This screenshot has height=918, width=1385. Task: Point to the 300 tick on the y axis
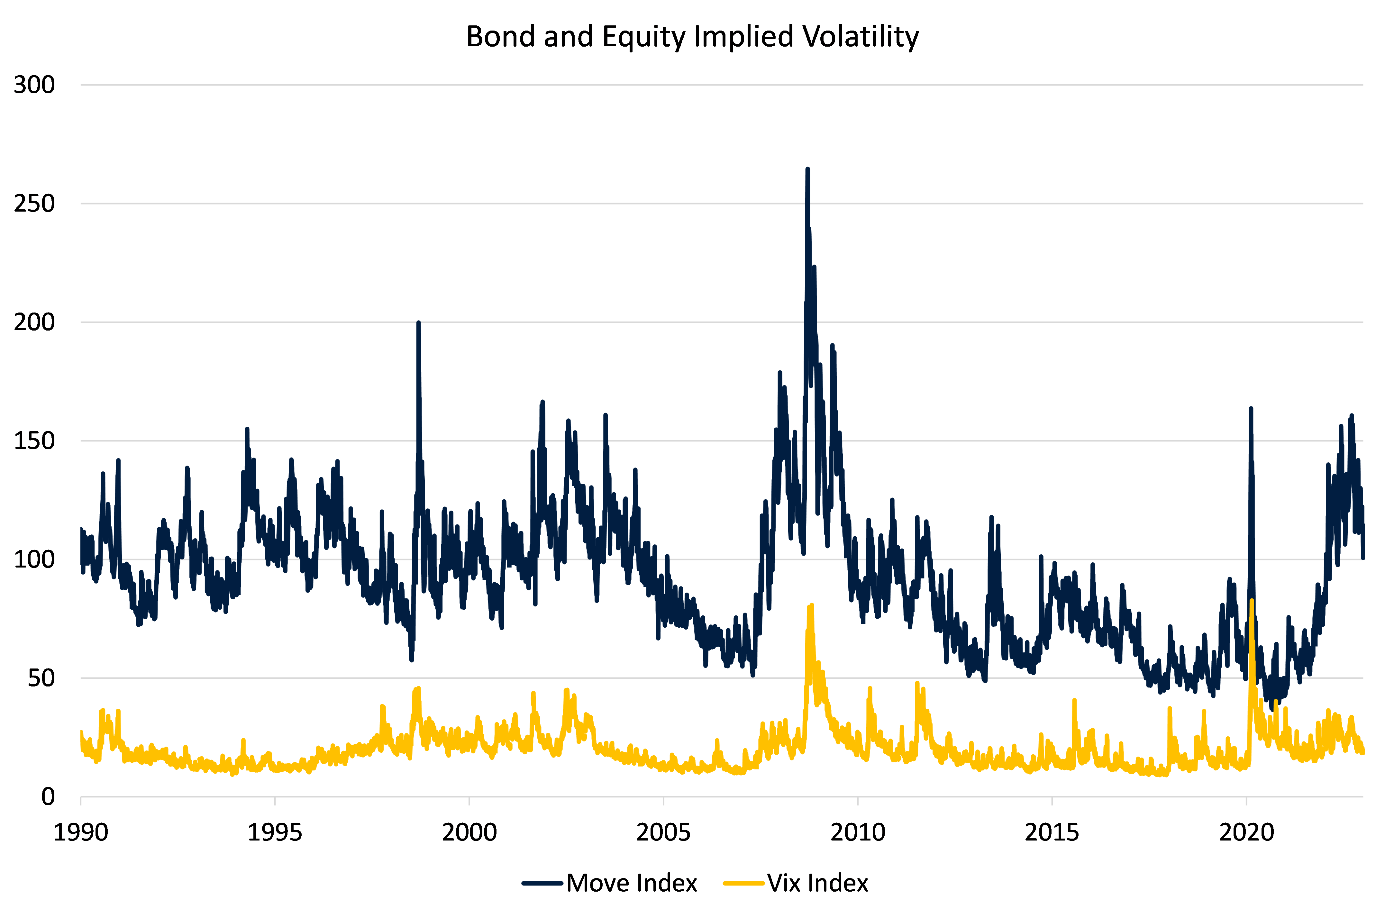pyautogui.click(x=34, y=85)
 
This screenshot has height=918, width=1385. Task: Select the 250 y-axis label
pyautogui.click(x=34, y=204)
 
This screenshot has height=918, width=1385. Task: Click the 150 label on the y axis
pyautogui.click(x=34, y=441)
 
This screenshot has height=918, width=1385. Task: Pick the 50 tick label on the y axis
pyautogui.click(x=41, y=678)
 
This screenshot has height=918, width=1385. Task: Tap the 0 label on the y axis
pyautogui.click(x=48, y=797)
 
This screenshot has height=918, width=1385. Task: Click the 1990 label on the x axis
pyautogui.click(x=81, y=832)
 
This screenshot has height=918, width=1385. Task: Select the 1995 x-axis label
pyautogui.click(x=275, y=832)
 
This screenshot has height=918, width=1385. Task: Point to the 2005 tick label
pyautogui.click(x=663, y=832)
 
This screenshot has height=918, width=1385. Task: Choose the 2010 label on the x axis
pyautogui.click(x=858, y=832)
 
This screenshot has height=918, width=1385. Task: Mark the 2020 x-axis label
pyautogui.click(x=1246, y=832)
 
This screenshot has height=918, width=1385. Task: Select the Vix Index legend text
pyautogui.click(x=818, y=883)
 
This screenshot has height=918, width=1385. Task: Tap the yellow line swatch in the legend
pyautogui.click(x=743, y=883)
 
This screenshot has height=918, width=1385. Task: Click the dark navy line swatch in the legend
pyautogui.click(x=542, y=883)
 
